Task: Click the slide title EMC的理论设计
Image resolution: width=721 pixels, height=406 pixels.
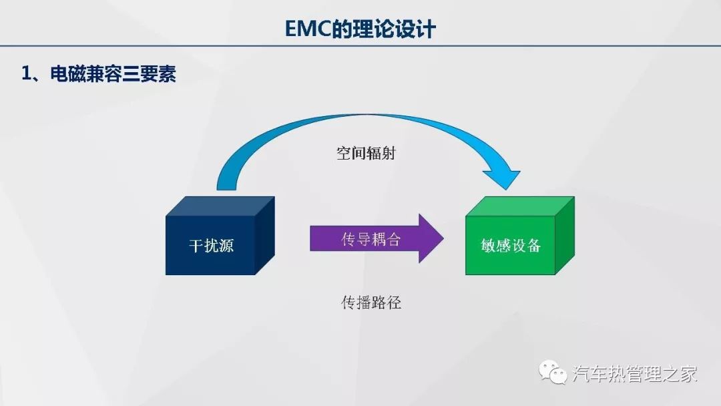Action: pyautogui.click(x=360, y=29)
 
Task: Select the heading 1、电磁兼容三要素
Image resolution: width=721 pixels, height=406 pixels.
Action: pyautogui.click(x=99, y=74)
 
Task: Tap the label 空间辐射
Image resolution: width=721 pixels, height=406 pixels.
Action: pyautogui.click(x=367, y=153)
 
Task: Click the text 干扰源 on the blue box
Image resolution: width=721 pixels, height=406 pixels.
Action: pyautogui.click(x=211, y=245)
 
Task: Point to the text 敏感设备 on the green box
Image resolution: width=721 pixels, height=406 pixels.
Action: pyautogui.click(x=511, y=245)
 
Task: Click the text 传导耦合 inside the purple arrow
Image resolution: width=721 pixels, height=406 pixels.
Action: pyautogui.click(x=371, y=239)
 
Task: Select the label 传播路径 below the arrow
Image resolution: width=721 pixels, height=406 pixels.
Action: pyautogui.click(x=371, y=302)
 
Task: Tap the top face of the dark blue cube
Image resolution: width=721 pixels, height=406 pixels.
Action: pyautogui.click(x=220, y=206)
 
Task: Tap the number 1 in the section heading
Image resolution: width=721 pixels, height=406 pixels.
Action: pyautogui.click(x=26, y=74)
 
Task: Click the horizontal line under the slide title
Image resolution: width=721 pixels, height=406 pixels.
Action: pyautogui.click(x=360, y=45)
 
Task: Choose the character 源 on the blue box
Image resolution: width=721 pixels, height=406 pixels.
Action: pyautogui.click(x=226, y=245)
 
